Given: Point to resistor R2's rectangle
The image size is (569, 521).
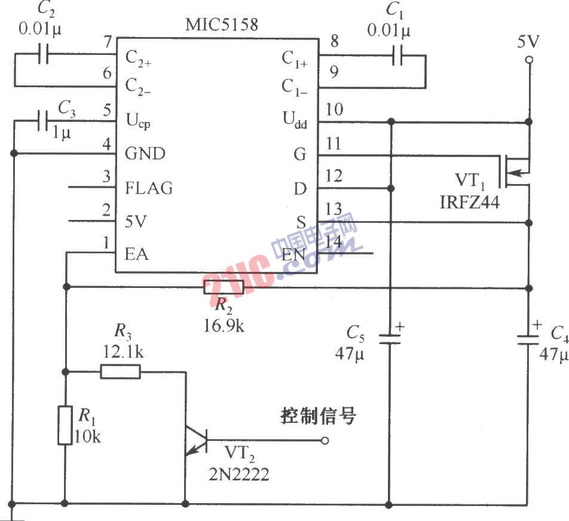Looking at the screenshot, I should [224, 287].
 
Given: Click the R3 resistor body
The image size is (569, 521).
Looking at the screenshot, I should [120, 372].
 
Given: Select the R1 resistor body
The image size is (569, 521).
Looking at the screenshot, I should [65, 425].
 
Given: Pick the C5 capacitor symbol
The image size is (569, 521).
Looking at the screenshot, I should [390, 339].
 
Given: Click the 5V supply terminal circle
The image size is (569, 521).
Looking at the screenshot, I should [528, 60].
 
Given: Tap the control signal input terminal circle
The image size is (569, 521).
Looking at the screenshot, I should [325, 441].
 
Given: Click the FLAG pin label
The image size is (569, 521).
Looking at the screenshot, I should [149, 188].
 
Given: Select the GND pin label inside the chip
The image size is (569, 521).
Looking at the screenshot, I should [145, 154].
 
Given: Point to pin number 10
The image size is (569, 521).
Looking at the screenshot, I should [335, 109].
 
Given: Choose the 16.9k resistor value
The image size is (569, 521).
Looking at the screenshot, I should [224, 326].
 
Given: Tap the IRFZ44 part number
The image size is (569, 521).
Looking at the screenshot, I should [469, 203].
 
